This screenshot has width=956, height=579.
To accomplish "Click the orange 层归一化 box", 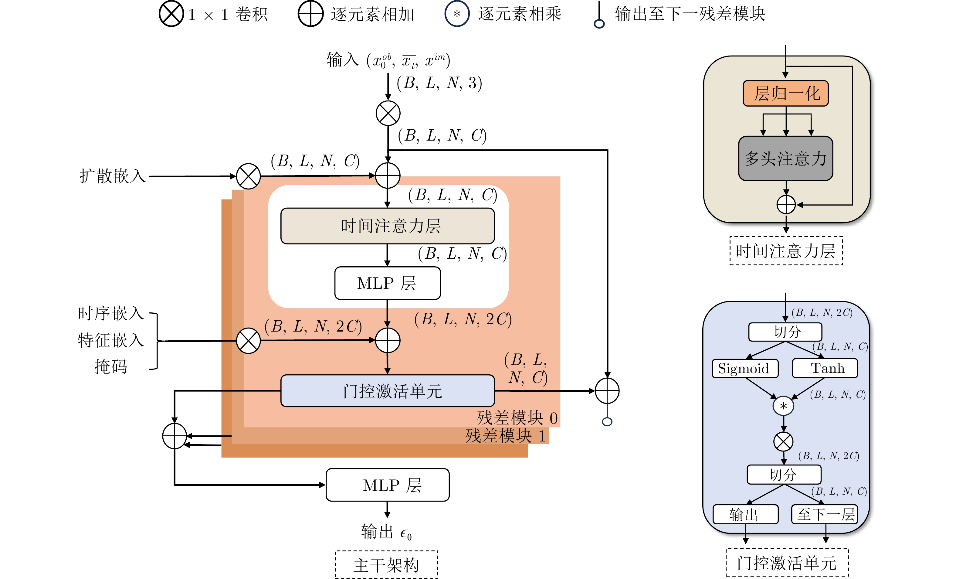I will point(785,94).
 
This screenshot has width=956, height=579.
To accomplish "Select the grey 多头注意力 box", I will point(785,158).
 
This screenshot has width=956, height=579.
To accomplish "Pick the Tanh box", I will point(825,368).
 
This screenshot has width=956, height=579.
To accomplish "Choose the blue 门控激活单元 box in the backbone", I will point(387,391).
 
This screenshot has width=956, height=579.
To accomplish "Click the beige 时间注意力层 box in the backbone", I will point(387,226).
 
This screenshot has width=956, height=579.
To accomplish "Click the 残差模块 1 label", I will point(505,436).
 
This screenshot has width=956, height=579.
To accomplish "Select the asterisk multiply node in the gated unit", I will point(783,406).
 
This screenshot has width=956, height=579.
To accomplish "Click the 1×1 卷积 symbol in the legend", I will point(171,14).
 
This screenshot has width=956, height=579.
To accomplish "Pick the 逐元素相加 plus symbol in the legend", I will point(310,14).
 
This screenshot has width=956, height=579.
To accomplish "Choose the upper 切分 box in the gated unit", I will point(785,332).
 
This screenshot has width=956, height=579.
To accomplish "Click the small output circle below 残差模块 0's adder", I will point(607,422).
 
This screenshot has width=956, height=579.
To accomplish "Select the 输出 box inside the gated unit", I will point(745,514).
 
